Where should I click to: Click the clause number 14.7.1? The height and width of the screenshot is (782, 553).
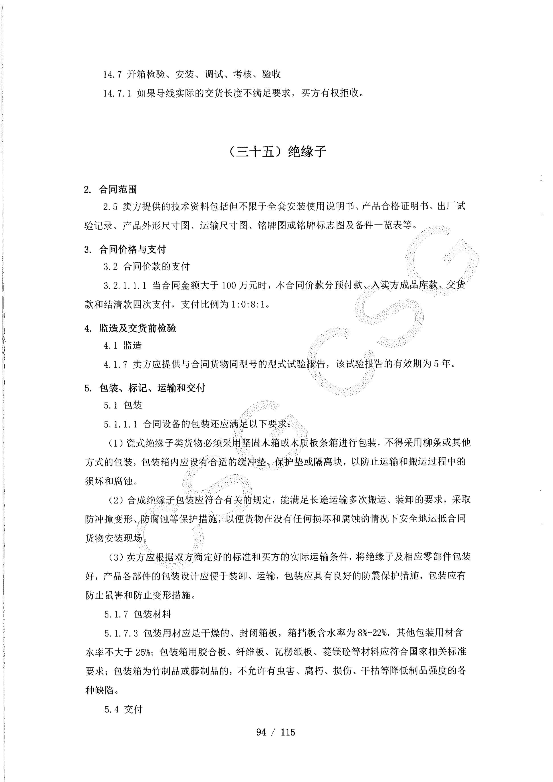[x=117, y=93]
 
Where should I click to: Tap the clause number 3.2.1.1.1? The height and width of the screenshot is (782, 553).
[x=125, y=285]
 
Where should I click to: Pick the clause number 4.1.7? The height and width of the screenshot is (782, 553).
[x=116, y=364]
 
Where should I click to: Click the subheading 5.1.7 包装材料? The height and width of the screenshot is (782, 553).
[x=138, y=614]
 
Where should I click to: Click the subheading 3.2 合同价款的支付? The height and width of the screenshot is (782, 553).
[x=146, y=266]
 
